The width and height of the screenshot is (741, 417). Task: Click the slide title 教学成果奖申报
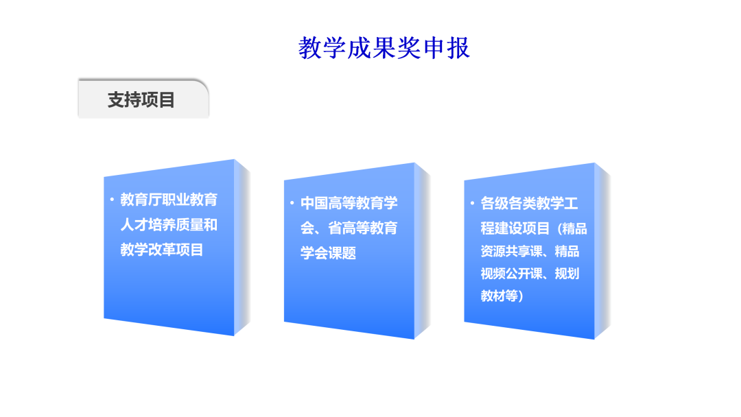click(x=384, y=48)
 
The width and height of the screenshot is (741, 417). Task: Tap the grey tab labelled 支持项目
click(x=143, y=99)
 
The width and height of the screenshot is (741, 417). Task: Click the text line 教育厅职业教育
click(x=169, y=200)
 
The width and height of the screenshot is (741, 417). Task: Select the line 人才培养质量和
click(x=169, y=225)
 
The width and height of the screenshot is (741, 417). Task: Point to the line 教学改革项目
click(x=162, y=250)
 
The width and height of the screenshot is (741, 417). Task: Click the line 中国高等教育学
click(x=349, y=203)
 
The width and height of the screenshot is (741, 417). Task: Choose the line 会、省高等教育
click(x=349, y=228)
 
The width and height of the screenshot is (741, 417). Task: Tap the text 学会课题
click(x=328, y=253)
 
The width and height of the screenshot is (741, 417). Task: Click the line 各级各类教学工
click(x=529, y=204)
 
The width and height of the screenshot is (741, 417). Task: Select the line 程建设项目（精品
click(x=534, y=228)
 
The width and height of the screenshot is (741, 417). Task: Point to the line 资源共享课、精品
click(x=530, y=251)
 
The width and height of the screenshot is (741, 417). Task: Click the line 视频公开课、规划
click(x=530, y=274)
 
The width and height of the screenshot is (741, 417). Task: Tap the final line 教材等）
click(x=502, y=296)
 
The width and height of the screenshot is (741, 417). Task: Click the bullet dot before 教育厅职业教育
click(x=112, y=200)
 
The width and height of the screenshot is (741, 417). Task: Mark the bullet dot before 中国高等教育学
click(x=292, y=202)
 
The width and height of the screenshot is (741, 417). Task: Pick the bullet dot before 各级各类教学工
click(x=472, y=203)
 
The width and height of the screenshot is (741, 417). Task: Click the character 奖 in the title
click(x=408, y=48)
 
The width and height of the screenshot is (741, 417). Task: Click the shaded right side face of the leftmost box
click(x=242, y=248)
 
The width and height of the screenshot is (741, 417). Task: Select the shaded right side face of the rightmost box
click(x=602, y=251)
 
